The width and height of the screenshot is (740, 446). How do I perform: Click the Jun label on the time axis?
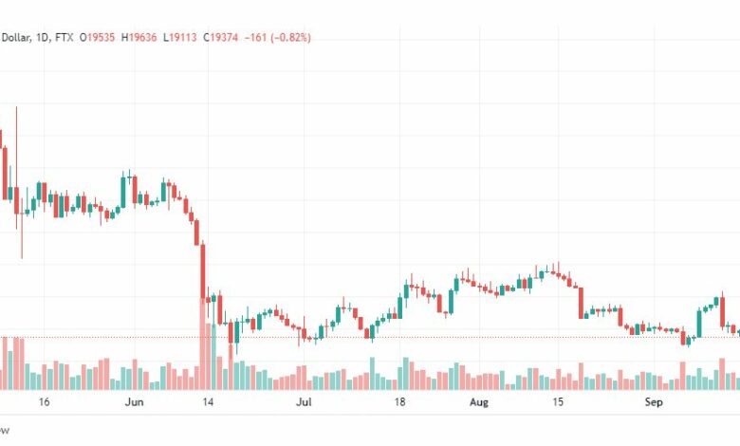134,402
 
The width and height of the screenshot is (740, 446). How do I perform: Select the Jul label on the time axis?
304,402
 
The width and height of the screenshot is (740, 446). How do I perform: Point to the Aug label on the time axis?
478,402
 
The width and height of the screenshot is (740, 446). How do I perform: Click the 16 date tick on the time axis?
44,402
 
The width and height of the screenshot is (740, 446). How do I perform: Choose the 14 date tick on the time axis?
207,402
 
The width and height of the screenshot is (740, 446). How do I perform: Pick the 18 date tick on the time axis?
400,402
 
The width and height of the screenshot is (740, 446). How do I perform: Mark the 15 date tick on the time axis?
560,402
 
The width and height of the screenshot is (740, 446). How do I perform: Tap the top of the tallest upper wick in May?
16,108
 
